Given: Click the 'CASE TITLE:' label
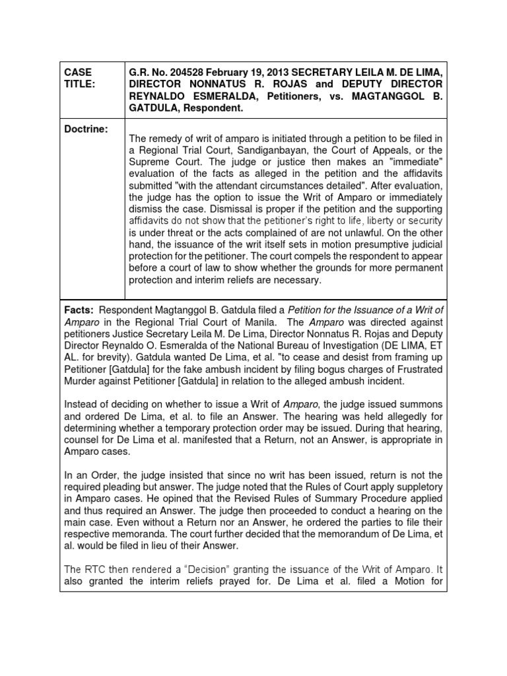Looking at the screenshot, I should (x=79, y=78).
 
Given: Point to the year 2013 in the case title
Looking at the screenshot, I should (x=287, y=72).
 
